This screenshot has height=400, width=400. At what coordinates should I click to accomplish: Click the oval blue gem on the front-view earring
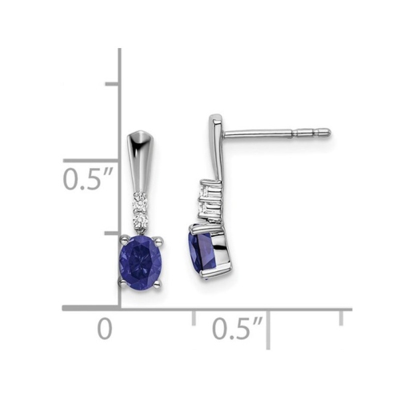pyautogui.click(x=142, y=261)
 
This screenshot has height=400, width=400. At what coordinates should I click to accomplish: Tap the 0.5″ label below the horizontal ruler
pyautogui.click(x=238, y=328)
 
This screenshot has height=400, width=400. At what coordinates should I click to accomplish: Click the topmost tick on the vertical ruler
pyautogui.click(x=113, y=83)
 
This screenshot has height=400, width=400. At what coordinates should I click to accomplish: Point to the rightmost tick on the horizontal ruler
pyautogui.click(x=342, y=317)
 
